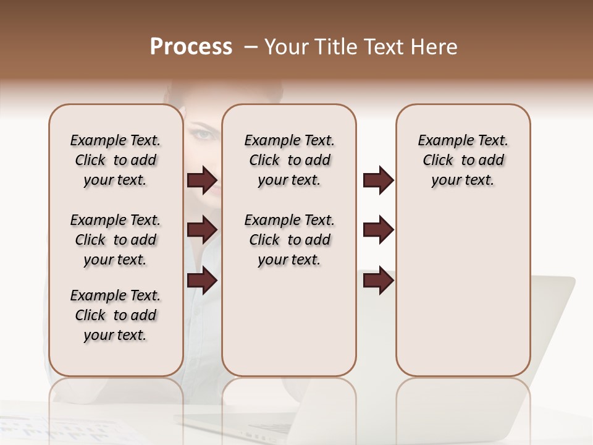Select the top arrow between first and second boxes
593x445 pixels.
(x=202, y=180)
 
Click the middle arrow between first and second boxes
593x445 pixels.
(x=202, y=230)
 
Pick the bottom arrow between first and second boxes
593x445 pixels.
(x=202, y=281)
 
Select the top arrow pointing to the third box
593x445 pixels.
(x=378, y=180)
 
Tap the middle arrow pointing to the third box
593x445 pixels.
(x=378, y=230)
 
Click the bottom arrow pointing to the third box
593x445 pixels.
(x=378, y=281)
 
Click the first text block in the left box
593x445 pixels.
(x=116, y=160)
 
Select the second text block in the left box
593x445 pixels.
(x=116, y=240)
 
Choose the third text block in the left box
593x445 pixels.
(x=116, y=315)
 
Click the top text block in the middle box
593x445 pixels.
(x=289, y=160)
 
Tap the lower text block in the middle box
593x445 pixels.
(x=289, y=240)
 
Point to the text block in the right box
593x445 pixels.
(x=463, y=160)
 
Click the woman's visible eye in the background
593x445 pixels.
(x=204, y=134)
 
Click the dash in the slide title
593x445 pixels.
(x=251, y=48)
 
